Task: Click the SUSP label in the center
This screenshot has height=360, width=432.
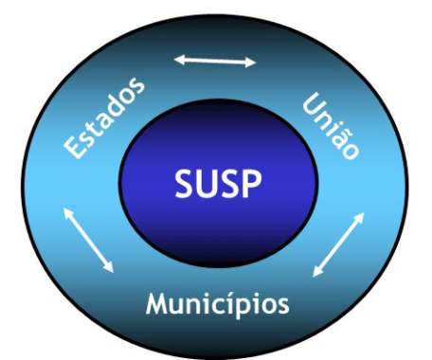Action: click(218, 184)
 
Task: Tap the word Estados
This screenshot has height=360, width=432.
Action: click(104, 117)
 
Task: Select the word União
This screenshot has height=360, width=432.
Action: click(331, 127)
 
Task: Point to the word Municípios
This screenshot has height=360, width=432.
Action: click(218, 304)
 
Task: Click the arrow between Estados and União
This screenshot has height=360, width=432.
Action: click(215, 61)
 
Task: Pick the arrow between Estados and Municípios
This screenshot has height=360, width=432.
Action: click(88, 240)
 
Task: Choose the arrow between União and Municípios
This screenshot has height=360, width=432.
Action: click(338, 244)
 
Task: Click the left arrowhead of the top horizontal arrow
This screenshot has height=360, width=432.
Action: click(177, 59)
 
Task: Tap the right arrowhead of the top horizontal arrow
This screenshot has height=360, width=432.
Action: click(252, 63)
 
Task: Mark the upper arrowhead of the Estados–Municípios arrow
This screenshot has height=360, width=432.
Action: click(66, 211)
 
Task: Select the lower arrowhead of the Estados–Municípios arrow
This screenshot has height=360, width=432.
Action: click(110, 268)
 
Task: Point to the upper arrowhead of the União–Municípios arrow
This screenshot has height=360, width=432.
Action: click(360, 216)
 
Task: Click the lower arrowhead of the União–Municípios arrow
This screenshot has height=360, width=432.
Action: click(316, 273)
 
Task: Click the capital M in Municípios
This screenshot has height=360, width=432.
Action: click(159, 304)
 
